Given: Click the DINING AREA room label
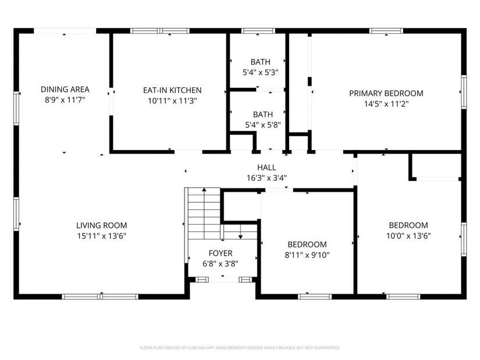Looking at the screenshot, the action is tap(65, 90).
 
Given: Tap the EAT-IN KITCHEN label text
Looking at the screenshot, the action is tap(172, 90).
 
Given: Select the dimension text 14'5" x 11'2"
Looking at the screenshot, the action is tap(386, 104).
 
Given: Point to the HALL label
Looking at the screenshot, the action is tap(266, 167).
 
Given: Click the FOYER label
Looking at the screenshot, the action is tap(221, 253).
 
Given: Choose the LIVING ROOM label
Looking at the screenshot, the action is tap(102, 226).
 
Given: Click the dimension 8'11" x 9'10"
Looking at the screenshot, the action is tap(307, 255).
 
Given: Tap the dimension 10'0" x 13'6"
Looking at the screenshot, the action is tap(408, 236).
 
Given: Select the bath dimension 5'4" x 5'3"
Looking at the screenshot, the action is tap(261, 73).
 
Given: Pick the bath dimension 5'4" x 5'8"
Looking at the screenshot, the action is tap(263, 125).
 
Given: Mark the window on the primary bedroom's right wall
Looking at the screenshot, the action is tap(464, 92).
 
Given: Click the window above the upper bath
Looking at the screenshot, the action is tap(258, 31).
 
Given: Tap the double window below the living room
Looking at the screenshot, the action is tap(100, 297).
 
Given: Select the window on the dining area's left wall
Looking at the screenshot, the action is tap(16, 108).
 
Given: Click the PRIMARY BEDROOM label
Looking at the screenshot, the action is tap(386, 94).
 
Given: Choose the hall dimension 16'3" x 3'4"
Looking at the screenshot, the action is tap(266, 178).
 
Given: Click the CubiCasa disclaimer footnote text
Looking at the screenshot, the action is tap(240, 348).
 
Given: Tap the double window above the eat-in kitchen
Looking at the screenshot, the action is tap(160, 31).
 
